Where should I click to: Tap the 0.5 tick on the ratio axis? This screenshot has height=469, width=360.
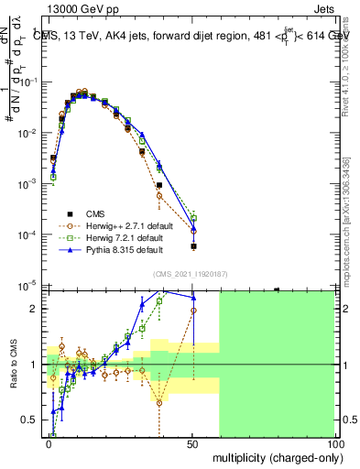32,420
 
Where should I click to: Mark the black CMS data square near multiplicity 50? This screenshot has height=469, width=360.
193,246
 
